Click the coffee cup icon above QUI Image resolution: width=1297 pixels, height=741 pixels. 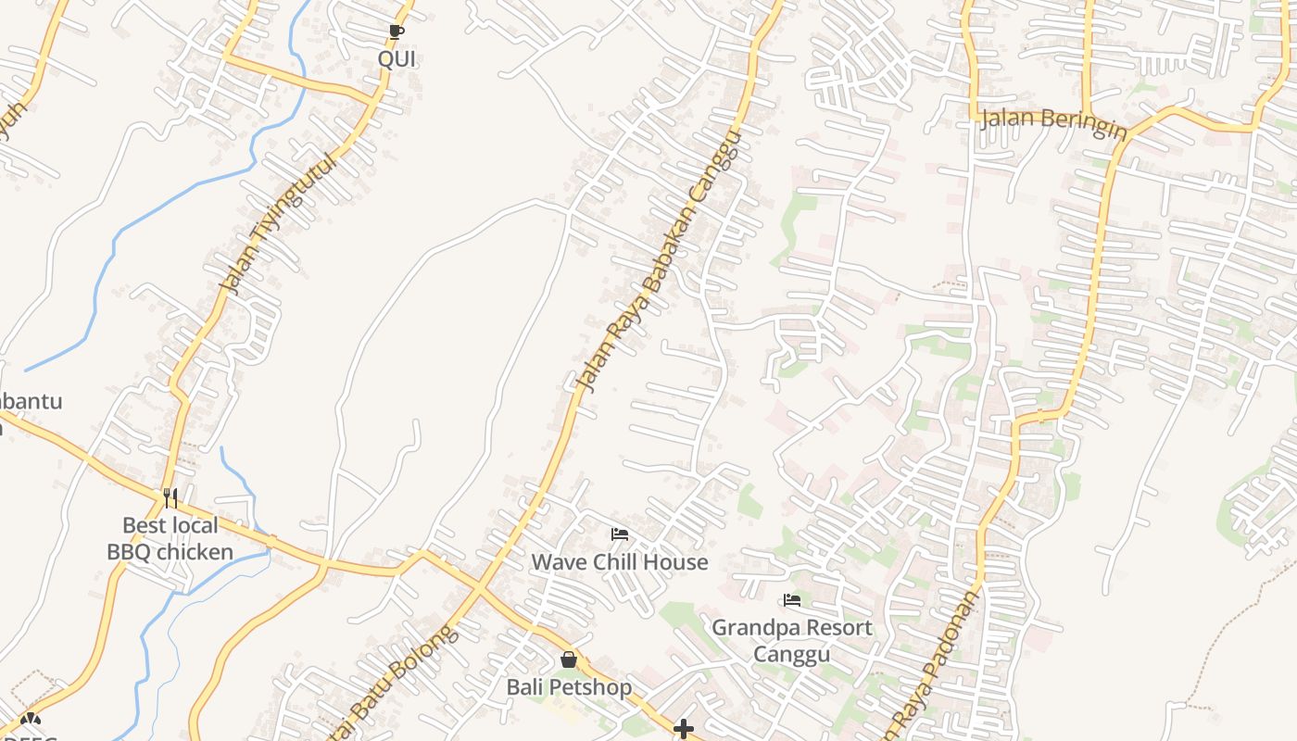(397, 32)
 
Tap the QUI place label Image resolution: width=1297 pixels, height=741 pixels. (397, 59)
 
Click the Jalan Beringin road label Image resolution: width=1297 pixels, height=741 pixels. (1053, 121)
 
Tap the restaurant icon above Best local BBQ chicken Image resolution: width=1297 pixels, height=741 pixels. (170, 498)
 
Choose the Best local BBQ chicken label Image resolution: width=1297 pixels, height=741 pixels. (170, 539)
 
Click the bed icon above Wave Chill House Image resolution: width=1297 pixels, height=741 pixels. (620, 534)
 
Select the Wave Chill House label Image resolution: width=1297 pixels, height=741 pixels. (620, 562)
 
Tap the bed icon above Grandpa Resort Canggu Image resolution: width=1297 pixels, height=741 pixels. (791, 600)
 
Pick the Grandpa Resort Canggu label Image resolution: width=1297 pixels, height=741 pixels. (791, 640)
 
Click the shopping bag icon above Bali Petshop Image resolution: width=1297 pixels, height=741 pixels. (569, 660)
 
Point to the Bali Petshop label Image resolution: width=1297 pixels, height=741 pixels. (569, 687)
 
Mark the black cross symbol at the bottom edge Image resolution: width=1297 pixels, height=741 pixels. (684, 730)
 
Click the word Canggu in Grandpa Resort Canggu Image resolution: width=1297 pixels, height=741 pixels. (791, 654)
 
